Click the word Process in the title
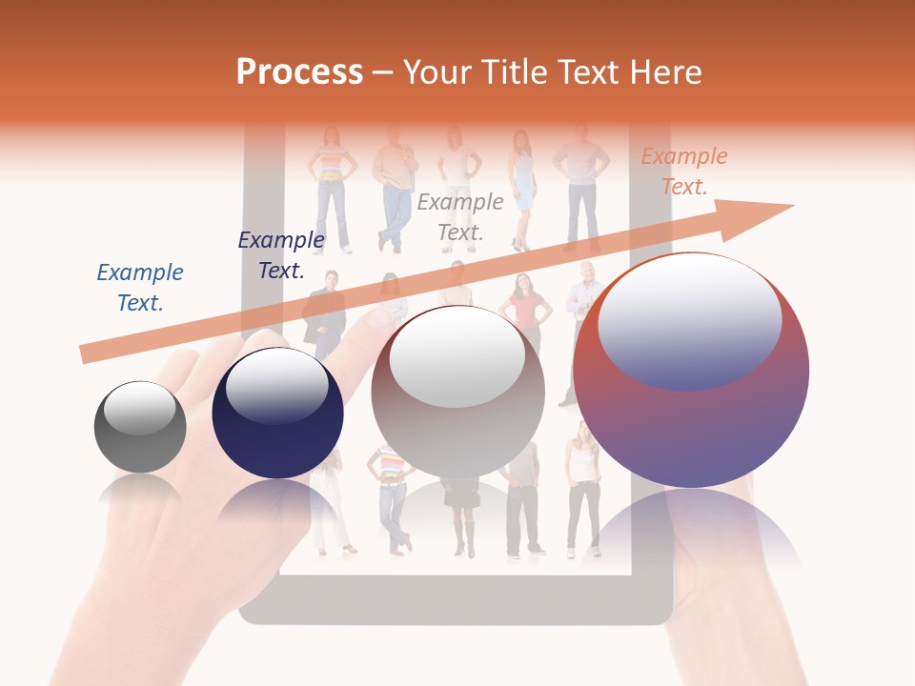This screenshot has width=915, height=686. (299, 72)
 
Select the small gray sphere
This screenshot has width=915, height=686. (140, 427)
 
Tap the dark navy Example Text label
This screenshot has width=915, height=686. (281, 255)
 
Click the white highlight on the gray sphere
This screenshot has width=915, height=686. (140, 408)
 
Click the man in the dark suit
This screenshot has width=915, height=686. (325, 310)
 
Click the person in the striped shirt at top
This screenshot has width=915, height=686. (331, 186)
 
